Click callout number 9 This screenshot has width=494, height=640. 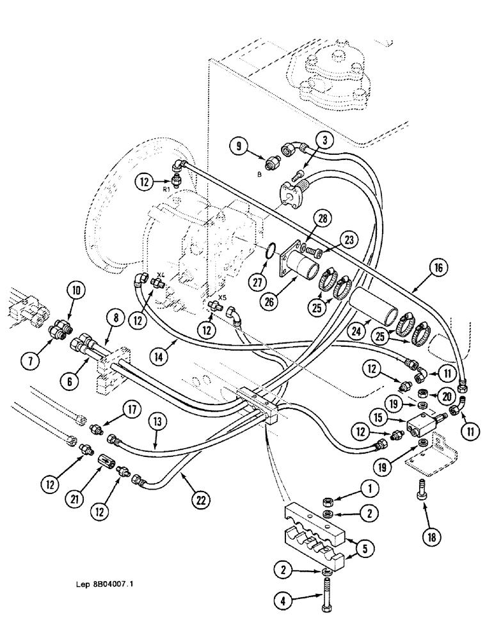[240, 147]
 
